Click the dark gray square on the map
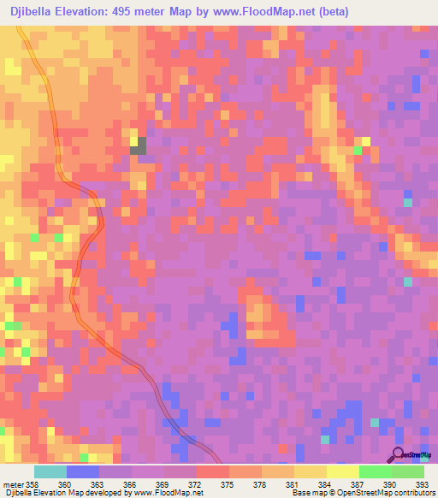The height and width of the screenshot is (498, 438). pyautogui.click(x=138, y=145)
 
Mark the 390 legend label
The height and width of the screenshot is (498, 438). pyautogui.click(x=389, y=483)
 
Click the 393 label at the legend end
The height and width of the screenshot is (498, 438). pyautogui.click(x=421, y=483)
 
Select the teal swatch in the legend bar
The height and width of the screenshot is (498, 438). pyautogui.click(x=50, y=471)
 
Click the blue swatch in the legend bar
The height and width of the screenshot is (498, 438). pyautogui.click(x=83, y=471)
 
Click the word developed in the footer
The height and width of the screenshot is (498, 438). pyautogui.click(x=91, y=493)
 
